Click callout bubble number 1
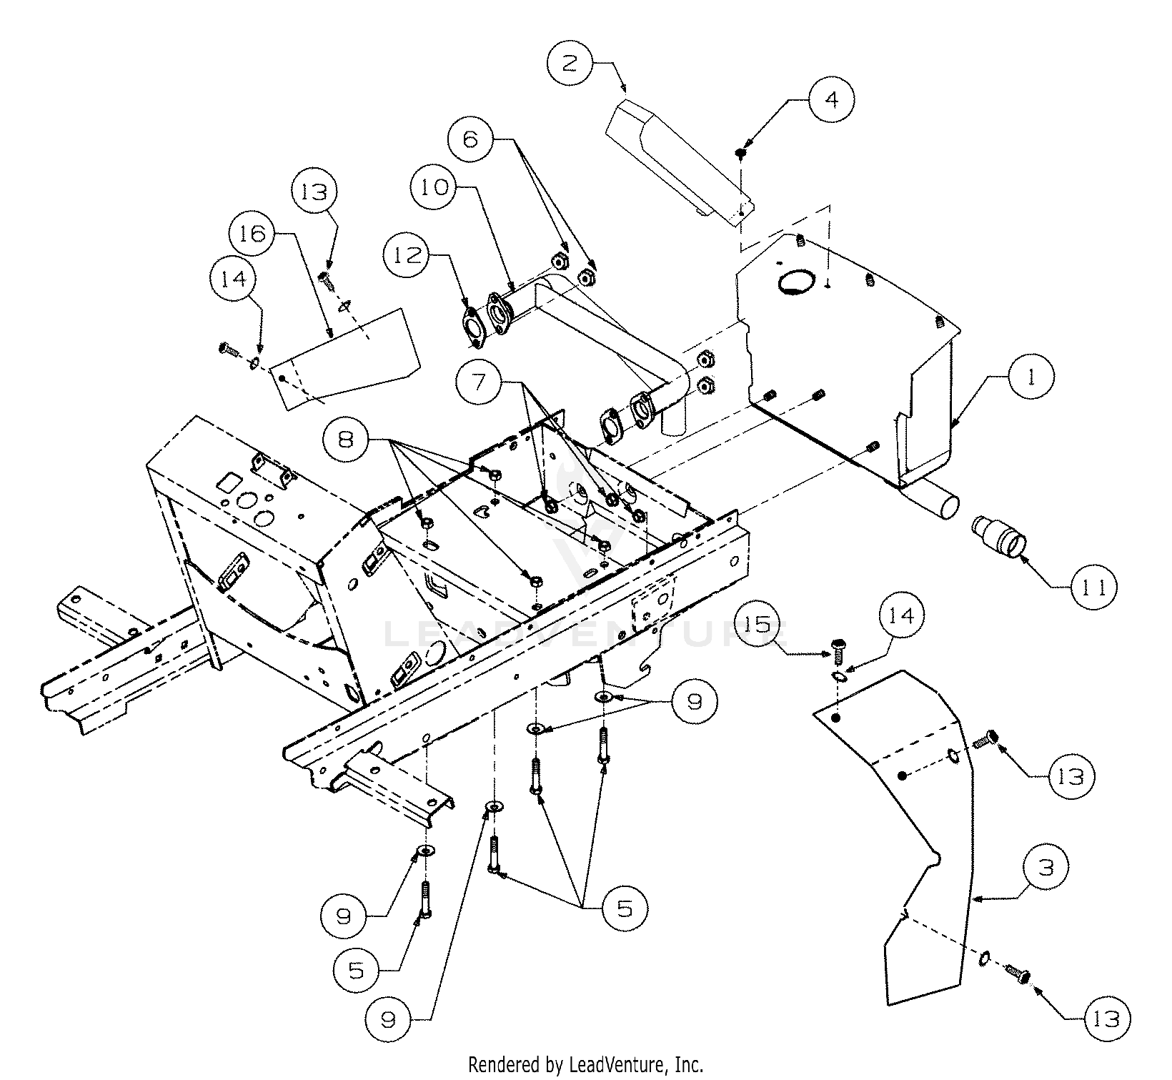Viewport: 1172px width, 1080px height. click(1031, 377)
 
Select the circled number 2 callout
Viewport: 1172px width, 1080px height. click(570, 64)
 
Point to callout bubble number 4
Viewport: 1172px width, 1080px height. click(831, 99)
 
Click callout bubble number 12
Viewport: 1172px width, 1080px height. click(407, 254)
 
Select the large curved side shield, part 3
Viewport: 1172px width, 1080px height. click(929, 822)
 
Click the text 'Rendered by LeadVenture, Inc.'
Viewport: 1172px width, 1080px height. click(585, 1065)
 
